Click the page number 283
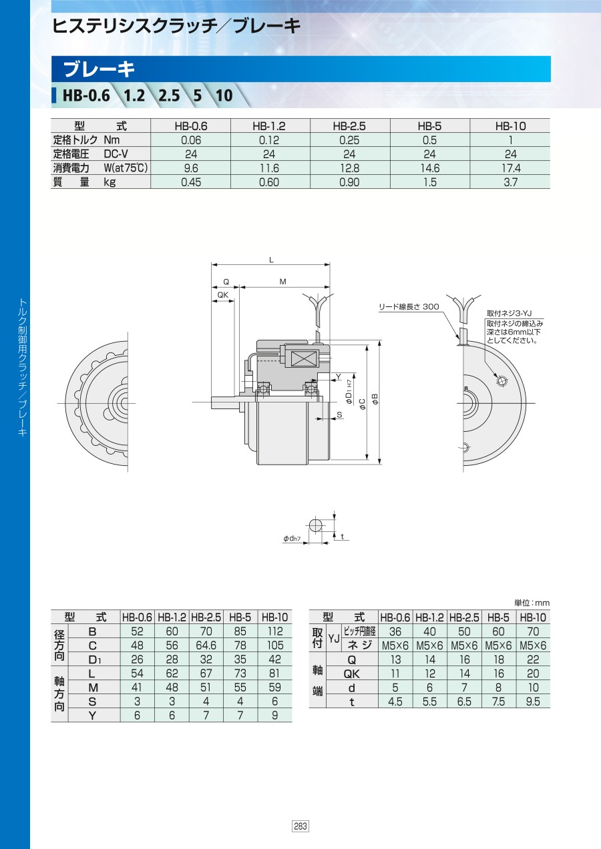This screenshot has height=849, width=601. (x=300, y=826)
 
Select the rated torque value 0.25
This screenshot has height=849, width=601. (x=349, y=140)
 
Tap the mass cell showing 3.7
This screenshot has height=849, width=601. (x=510, y=182)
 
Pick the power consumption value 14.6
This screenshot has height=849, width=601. (x=429, y=168)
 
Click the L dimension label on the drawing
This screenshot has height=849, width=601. (x=271, y=260)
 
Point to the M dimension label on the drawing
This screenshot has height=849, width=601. (x=283, y=282)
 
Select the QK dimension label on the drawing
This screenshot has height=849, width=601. (x=223, y=295)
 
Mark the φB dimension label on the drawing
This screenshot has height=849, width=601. (x=375, y=398)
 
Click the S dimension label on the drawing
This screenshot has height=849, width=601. (x=339, y=414)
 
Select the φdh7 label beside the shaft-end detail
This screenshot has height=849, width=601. (x=292, y=538)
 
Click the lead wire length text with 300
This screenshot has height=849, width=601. (x=409, y=306)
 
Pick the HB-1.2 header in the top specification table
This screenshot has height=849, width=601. (x=269, y=126)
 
